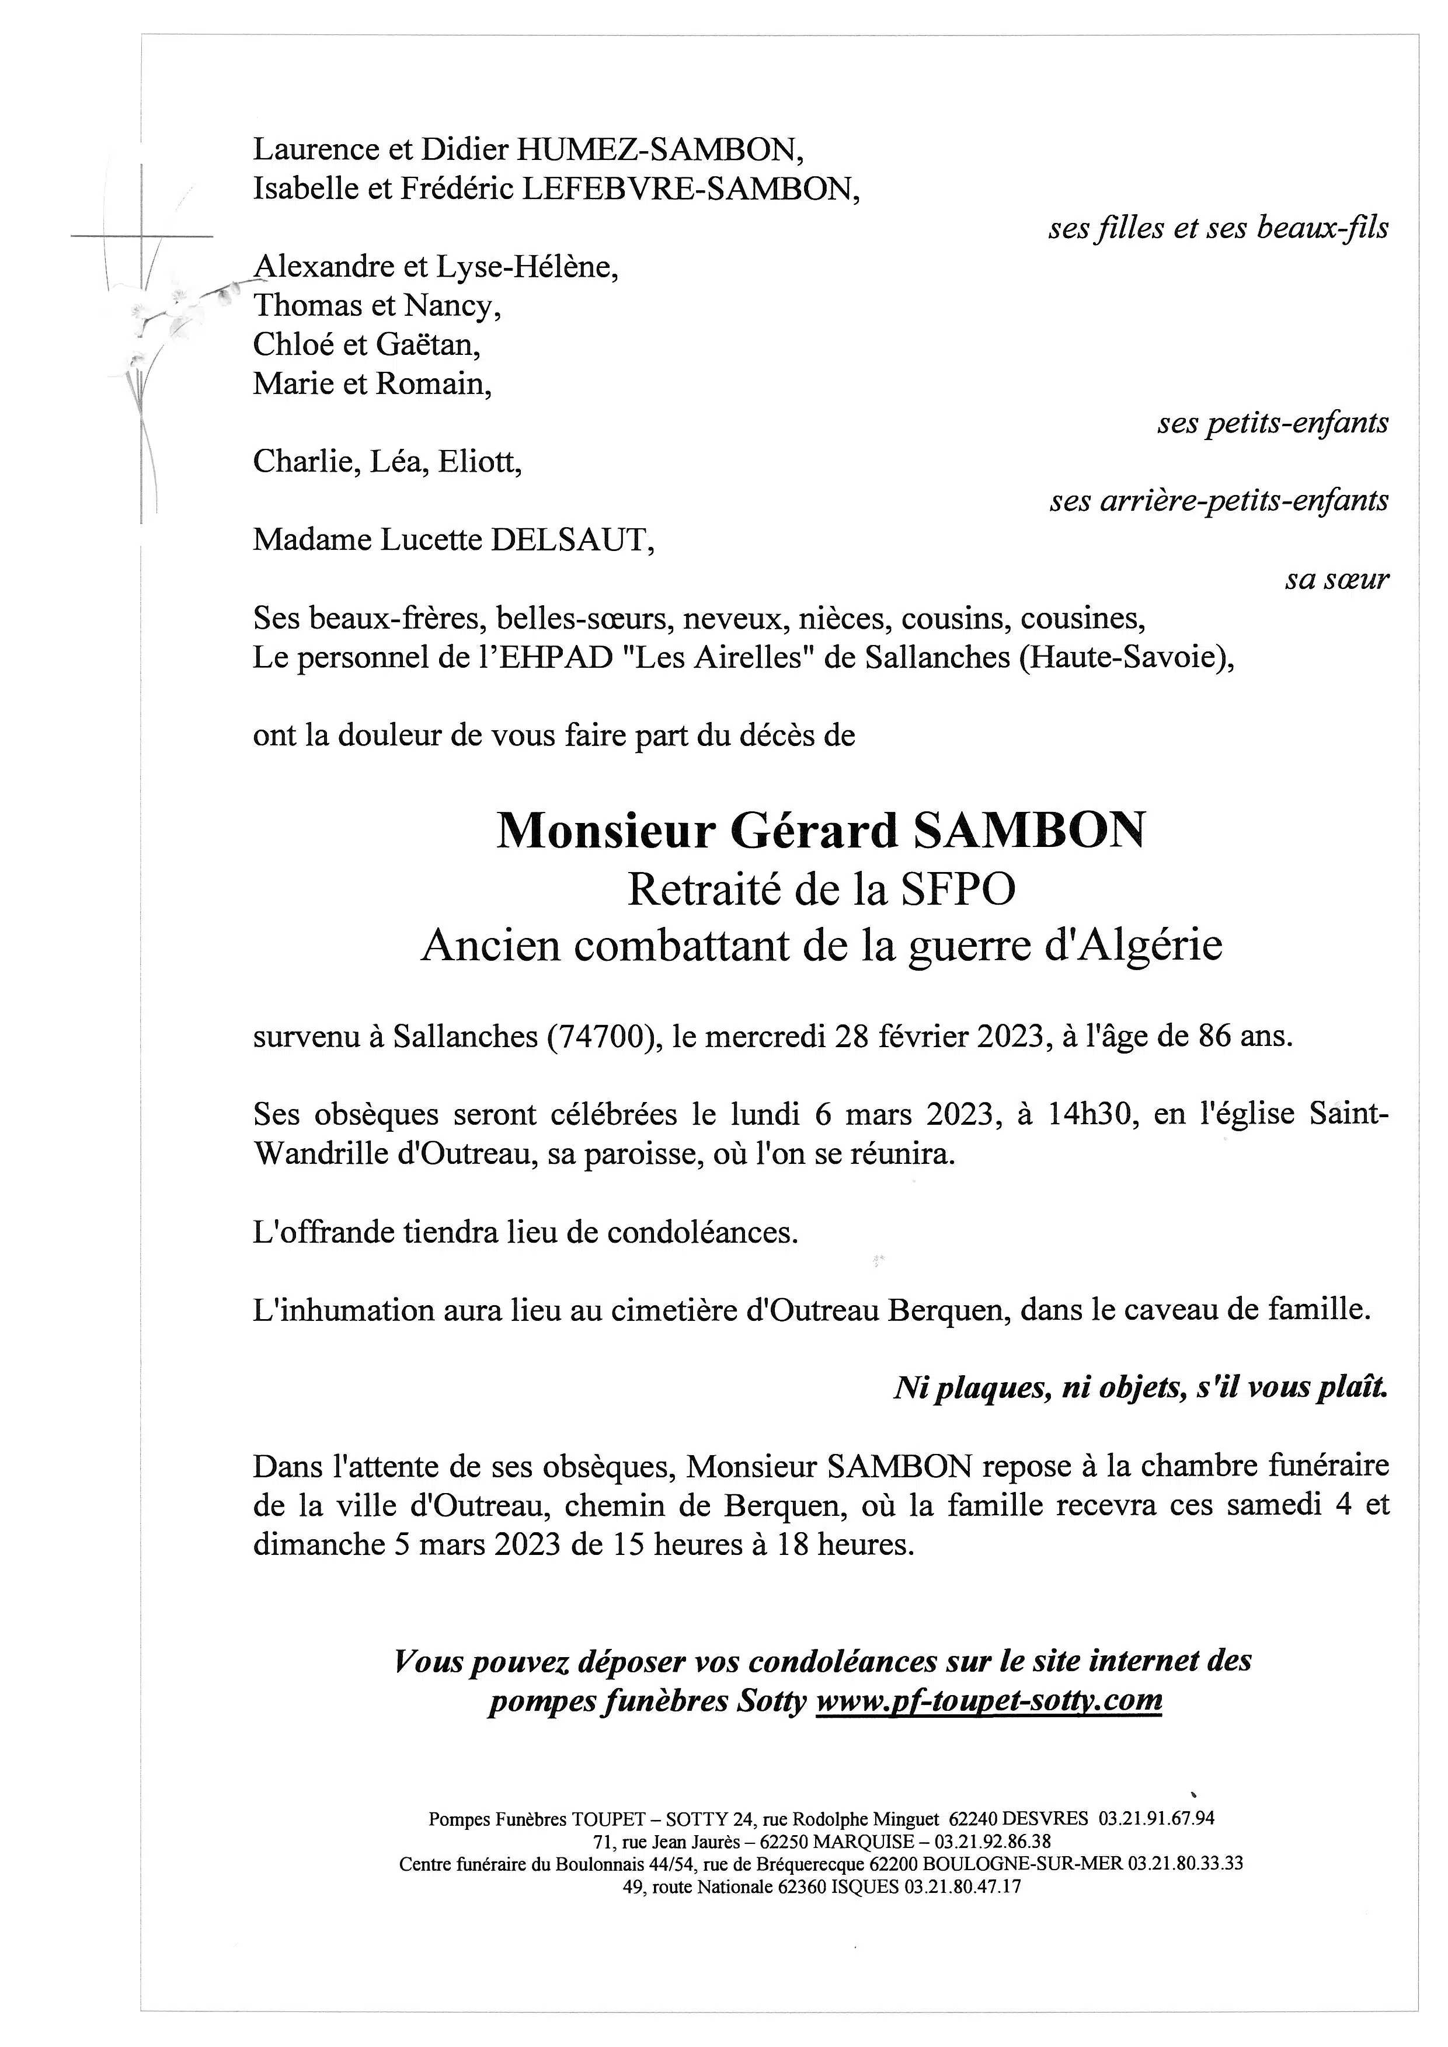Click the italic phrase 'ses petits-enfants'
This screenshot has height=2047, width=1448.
pos(1272,423)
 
